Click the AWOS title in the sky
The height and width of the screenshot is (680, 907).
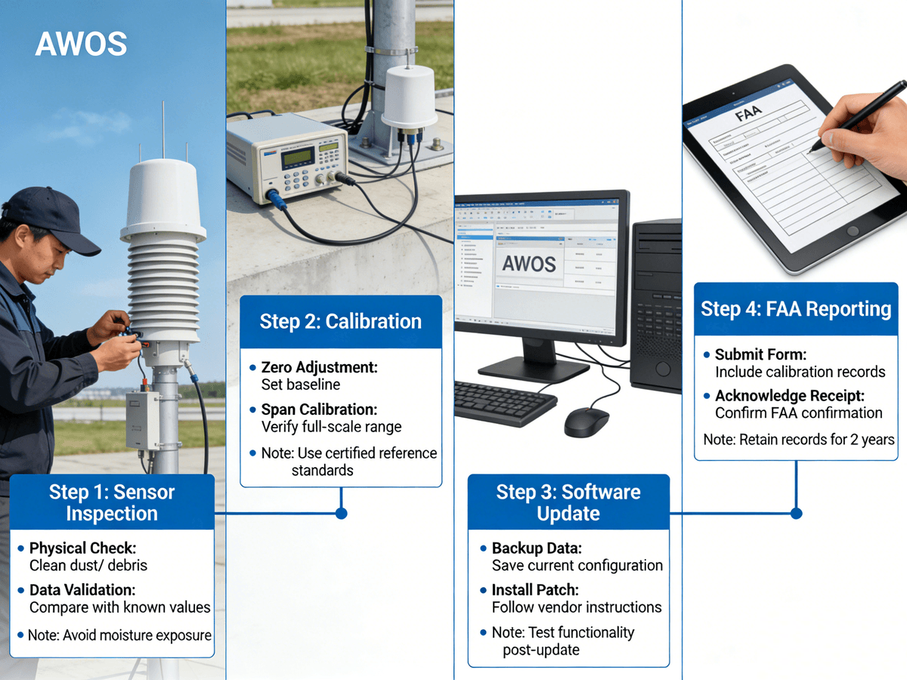click(81, 44)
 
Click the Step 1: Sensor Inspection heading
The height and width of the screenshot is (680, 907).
click(112, 502)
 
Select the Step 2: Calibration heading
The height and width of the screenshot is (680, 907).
click(340, 321)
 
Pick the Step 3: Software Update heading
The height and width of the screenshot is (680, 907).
click(568, 502)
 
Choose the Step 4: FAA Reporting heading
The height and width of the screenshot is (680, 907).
click(796, 309)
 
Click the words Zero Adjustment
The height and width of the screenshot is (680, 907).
click(319, 368)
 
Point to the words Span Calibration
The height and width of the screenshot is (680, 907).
click(319, 410)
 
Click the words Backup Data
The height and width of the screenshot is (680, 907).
click(537, 549)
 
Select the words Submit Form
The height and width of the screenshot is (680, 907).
click(760, 354)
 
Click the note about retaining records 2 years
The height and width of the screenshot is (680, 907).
click(799, 440)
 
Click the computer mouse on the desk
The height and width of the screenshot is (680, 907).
click(586, 420)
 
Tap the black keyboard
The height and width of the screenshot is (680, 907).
click(505, 402)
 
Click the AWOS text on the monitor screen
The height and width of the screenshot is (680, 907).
click(529, 264)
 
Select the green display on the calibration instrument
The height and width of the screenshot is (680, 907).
click(298, 157)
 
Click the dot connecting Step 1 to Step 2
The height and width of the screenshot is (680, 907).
click(341, 513)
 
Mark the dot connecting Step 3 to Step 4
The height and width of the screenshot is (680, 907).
click(796, 513)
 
